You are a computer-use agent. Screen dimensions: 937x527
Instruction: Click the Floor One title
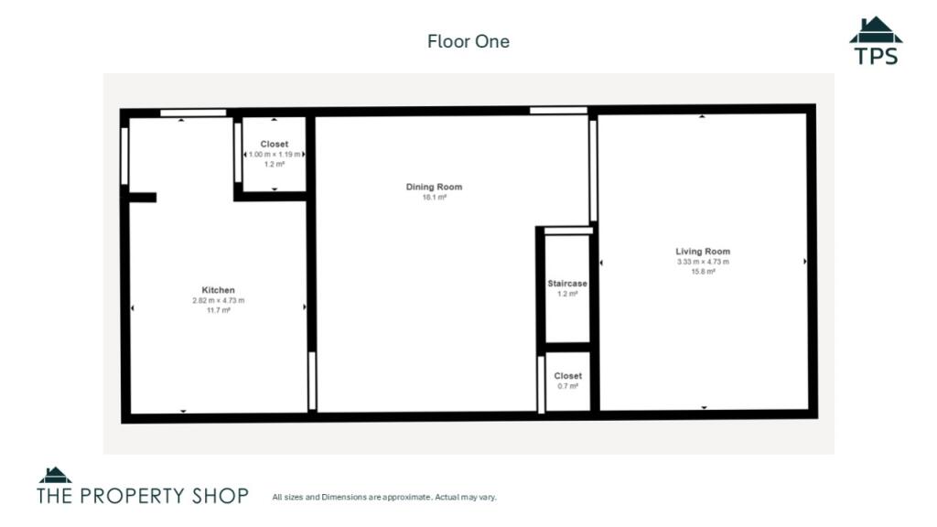click(468, 41)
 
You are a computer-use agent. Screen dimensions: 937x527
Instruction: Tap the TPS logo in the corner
click(876, 40)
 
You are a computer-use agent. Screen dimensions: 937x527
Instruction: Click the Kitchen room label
click(218, 290)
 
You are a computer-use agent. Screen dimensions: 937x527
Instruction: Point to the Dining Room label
click(434, 187)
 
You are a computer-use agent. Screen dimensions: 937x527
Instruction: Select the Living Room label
click(703, 252)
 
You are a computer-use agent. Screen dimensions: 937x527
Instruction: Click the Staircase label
click(567, 284)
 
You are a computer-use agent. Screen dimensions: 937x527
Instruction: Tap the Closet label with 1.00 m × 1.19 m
click(275, 144)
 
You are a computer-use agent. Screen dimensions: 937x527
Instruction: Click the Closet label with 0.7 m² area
click(567, 376)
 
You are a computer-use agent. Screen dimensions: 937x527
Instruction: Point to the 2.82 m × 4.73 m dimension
click(218, 300)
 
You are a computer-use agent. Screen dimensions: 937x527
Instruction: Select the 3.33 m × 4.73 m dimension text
click(703, 262)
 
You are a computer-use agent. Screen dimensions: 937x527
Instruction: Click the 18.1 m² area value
click(435, 198)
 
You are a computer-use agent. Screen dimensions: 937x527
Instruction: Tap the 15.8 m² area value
click(704, 271)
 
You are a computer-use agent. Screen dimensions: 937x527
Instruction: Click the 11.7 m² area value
click(219, 310)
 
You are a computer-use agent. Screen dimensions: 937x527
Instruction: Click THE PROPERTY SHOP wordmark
click(142, 496)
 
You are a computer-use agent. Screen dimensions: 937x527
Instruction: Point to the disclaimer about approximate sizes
click(384, 497)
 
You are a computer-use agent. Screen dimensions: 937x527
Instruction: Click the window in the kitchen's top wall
click(193, 113)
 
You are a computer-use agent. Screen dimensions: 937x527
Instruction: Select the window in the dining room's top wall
click(558, 111)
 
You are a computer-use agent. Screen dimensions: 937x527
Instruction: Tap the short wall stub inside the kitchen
click(142, 198)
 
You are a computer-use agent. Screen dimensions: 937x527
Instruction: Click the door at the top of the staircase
click(568, 231)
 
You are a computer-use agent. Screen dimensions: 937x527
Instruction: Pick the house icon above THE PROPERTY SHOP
click(55, 475)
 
